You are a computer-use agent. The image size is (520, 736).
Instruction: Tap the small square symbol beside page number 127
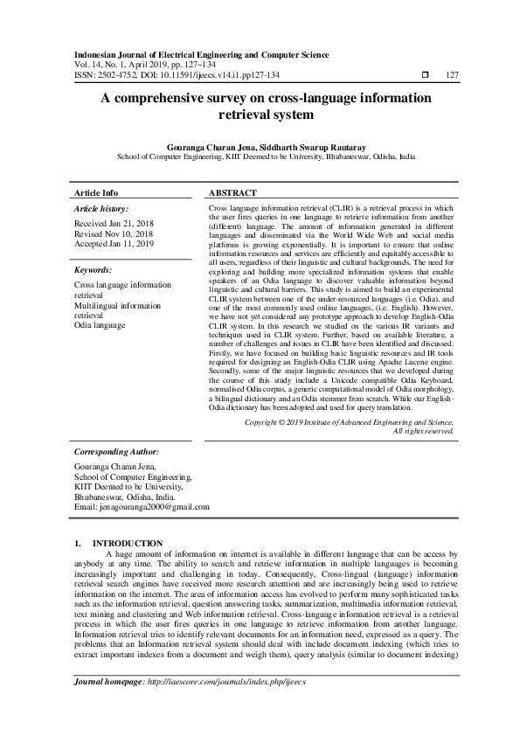coord(425,75)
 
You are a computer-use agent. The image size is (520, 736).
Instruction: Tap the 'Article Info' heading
coord(96,192)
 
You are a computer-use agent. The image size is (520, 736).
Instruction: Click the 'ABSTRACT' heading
coord(233,192)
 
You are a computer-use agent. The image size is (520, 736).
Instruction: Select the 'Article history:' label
coord(101,209)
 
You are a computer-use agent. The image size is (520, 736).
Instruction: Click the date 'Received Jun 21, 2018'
coord(114,225)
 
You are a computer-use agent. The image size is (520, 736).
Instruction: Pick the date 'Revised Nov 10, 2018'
coord(114,234)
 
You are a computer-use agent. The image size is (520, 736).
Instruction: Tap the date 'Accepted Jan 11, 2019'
coord(114,244)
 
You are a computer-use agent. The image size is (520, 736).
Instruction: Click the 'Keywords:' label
coord(94,271)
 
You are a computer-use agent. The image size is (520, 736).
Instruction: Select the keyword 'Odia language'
coord(101,325)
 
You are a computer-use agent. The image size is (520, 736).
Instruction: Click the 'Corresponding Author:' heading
coord(116,452)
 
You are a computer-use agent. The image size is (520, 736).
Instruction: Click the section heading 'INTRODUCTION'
coord(128,543)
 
